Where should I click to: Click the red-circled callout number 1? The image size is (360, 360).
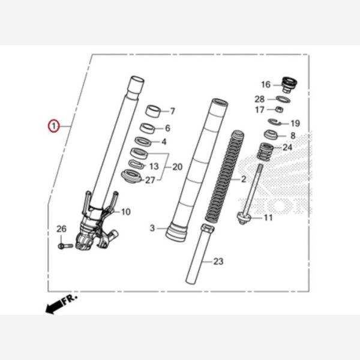(x=53, y=126)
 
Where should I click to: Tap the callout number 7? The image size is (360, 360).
(x=172, y=111)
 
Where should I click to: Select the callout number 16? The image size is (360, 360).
(x=265, y=85)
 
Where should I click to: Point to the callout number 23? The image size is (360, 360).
(x=218, y=261)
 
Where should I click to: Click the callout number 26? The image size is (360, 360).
(x=61, y=229)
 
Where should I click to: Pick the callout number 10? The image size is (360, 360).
(x=125, y=212)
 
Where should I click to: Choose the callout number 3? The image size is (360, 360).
(x=152, y=228)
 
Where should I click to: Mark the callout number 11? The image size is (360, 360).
(x=268, y=217)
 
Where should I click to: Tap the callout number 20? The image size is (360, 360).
(x=176, y=167)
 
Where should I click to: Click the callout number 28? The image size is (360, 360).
(x=259, y=99)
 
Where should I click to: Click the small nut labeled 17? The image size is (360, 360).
(x=278, y=110)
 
